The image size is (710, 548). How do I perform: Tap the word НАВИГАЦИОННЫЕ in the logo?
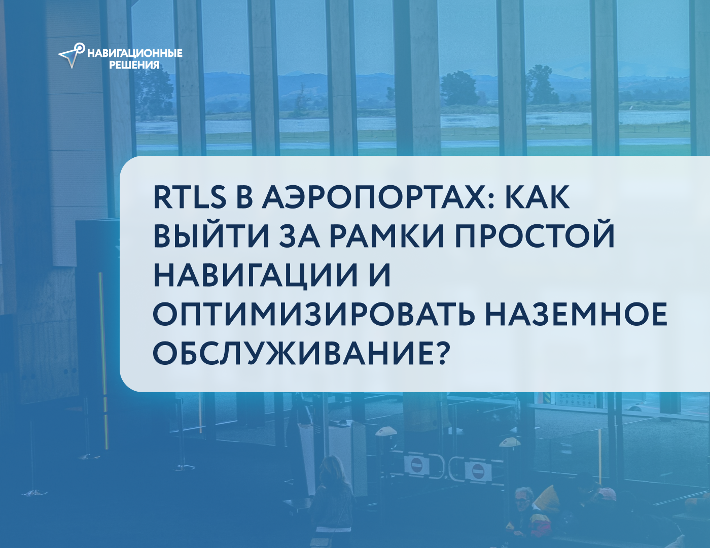click(135, 53)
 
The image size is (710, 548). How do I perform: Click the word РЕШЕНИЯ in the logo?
click(134, 65)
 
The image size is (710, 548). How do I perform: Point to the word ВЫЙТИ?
click(211, 236)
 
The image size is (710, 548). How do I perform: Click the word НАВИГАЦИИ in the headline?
click(254, 275)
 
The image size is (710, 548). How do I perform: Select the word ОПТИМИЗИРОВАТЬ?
click(314, 314)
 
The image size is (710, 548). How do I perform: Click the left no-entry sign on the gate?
click(416, 465)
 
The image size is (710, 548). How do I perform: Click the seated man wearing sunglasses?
click(522, 502)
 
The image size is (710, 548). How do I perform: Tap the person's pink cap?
click(606, 492)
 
